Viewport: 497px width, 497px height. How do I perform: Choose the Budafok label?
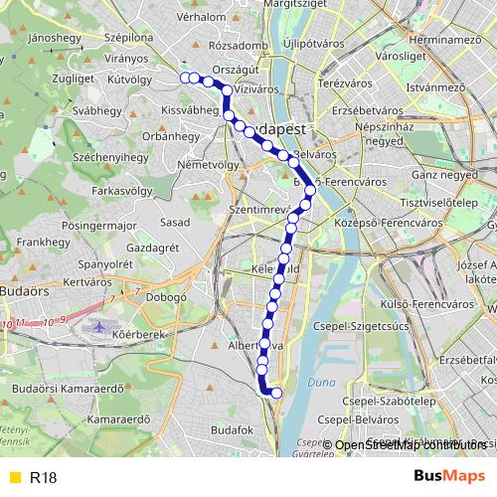pos(234,428)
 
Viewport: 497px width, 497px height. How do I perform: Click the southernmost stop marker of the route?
pos(276,394)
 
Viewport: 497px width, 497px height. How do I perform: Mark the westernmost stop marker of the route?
pos(185,78)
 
